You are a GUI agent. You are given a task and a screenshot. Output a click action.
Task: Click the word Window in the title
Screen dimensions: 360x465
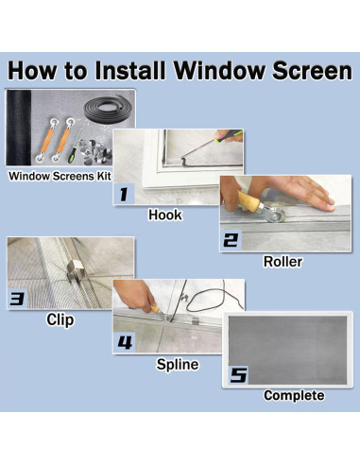[x=219, y=70]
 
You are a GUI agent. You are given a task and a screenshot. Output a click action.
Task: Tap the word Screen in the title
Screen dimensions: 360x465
[x=312, y=70]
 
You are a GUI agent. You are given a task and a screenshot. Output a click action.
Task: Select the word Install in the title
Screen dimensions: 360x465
[x=129, y=70]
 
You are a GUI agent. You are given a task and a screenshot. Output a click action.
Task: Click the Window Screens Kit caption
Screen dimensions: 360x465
[x=60, y=176]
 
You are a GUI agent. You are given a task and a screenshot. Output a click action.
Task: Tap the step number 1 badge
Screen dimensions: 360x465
[x=124, y=194]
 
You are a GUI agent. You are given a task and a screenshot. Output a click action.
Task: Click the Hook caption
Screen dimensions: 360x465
[x=165, y=215]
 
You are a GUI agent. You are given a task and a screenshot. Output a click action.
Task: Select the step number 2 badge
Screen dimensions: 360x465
[x=231, y=240]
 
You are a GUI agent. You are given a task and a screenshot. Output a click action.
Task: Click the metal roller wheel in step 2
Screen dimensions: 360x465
[x=276, y=215]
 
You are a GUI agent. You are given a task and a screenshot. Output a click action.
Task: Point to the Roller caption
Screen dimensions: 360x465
[x=283, y=262]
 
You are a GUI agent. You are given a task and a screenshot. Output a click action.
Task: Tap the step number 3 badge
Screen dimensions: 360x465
[x=17, y=298]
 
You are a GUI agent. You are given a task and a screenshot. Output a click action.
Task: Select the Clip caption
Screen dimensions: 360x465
[x=60, y=319]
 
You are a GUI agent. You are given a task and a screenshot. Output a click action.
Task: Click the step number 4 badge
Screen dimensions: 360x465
[x=125, y=342]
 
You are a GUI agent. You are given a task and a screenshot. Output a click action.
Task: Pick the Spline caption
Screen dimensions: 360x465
[x=178, y=365]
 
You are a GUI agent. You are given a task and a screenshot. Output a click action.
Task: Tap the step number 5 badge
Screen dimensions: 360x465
[x=238, y=375]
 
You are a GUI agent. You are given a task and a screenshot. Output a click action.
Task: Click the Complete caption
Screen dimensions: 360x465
[x=294, y=395]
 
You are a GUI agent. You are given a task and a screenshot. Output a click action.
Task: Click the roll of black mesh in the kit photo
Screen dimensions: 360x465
[x=19, y=128]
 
